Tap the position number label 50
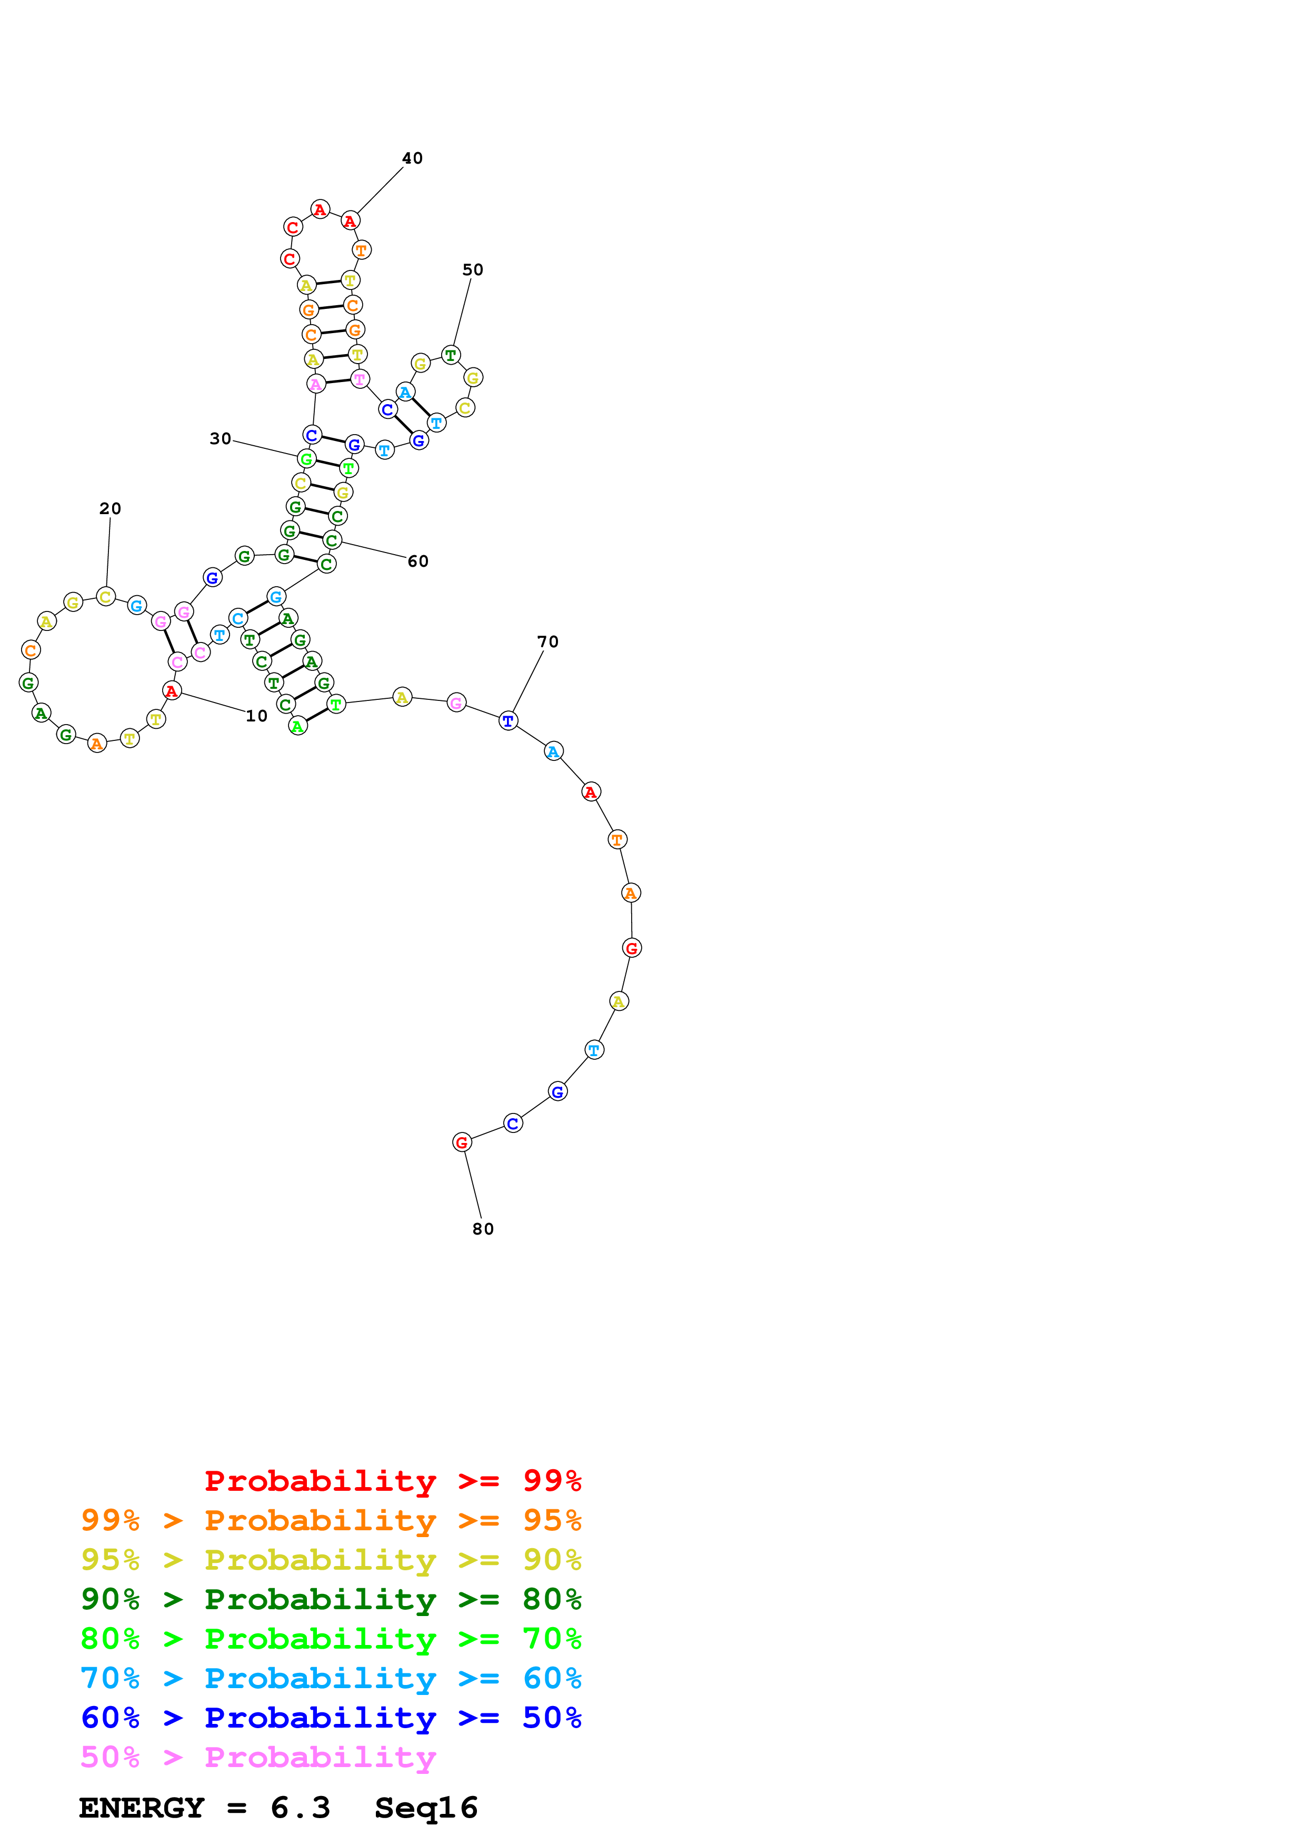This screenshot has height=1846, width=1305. click(x=472, y=269)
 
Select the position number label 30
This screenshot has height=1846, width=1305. click(x=221, y=438)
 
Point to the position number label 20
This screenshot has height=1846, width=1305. click(x=110, y=508)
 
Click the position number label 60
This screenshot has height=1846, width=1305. click(x=418, y=561)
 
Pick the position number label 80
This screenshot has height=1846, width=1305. click(x=483, y=1229)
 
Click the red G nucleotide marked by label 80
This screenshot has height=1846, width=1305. click(x=462, y=1142)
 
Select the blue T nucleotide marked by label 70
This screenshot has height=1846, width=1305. click(x=508, y=720)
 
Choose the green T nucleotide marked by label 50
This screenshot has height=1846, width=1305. click(x=451, y=355)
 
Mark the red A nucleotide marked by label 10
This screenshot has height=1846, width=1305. click(x=171, y=690)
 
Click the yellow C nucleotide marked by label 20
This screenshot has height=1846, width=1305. click(x=105, y=597)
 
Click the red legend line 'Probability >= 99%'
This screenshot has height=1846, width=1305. click(x=392, y=1480)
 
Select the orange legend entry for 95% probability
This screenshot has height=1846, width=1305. click(x=331, y=1520)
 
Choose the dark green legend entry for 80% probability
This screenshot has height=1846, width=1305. click(x=331, y=1599)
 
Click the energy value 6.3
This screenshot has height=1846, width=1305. click(x=300, y=1808)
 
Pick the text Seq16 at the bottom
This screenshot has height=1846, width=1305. click(x=426, y=1808)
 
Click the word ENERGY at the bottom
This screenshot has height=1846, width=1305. click(x=142, y=1808)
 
